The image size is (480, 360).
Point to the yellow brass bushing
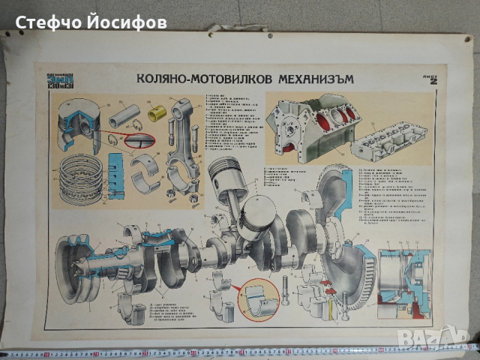click(x=157, y=113)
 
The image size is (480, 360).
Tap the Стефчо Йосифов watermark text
click(x=90, y=22)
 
